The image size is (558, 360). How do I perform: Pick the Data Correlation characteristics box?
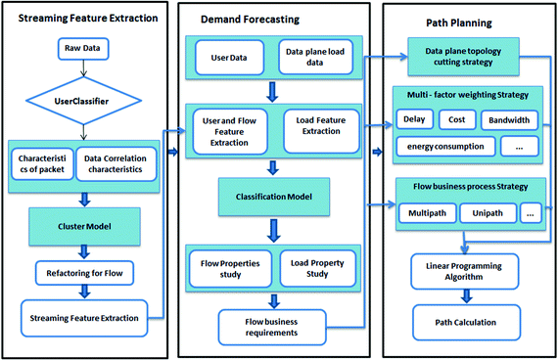point(118,162)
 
